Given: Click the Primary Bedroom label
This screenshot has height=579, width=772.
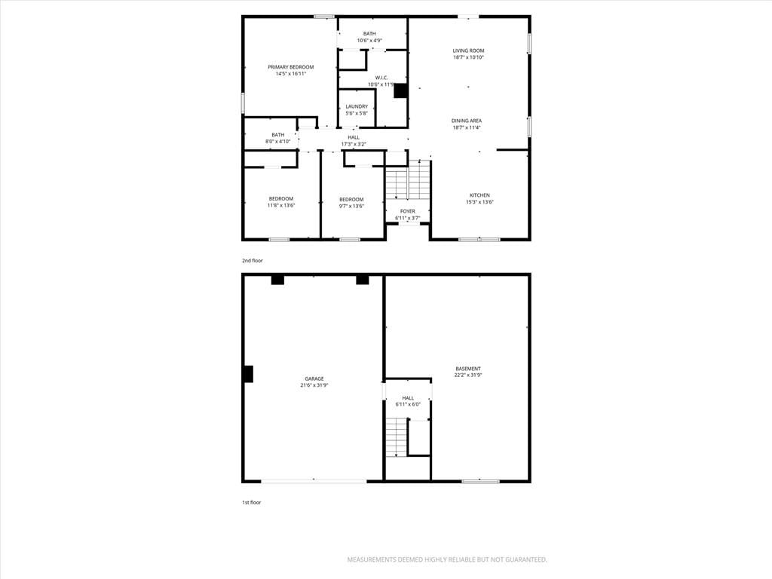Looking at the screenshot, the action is pos(290,67).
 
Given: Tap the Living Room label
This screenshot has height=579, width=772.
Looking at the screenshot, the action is pos(468,51).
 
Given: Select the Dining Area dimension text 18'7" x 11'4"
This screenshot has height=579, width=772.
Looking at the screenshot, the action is pos(466,127).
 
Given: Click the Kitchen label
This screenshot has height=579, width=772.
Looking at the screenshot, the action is pos(479,195).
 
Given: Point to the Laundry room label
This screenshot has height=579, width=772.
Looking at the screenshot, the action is pos(357,107).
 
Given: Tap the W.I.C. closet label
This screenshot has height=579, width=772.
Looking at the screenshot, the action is pos(381,78).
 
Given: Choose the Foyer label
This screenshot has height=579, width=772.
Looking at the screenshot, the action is pos(408,212).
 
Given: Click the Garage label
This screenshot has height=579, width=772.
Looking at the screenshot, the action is pos(314,379).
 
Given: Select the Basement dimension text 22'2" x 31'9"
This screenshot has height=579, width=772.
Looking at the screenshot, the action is pos(467,375).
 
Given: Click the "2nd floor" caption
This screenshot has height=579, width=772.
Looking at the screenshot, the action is pos(252,260).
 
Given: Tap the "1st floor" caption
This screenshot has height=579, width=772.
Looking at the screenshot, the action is pos(251,503).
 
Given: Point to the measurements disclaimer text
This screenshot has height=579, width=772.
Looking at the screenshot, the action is pos(447,560).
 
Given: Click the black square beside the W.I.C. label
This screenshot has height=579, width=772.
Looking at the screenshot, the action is pos(400,90).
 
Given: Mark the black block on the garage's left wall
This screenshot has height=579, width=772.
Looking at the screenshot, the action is pos(248,374).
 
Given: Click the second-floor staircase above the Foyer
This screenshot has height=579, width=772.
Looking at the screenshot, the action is pos(408,179).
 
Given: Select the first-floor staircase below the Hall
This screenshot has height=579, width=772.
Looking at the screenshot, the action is pos(396,438).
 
